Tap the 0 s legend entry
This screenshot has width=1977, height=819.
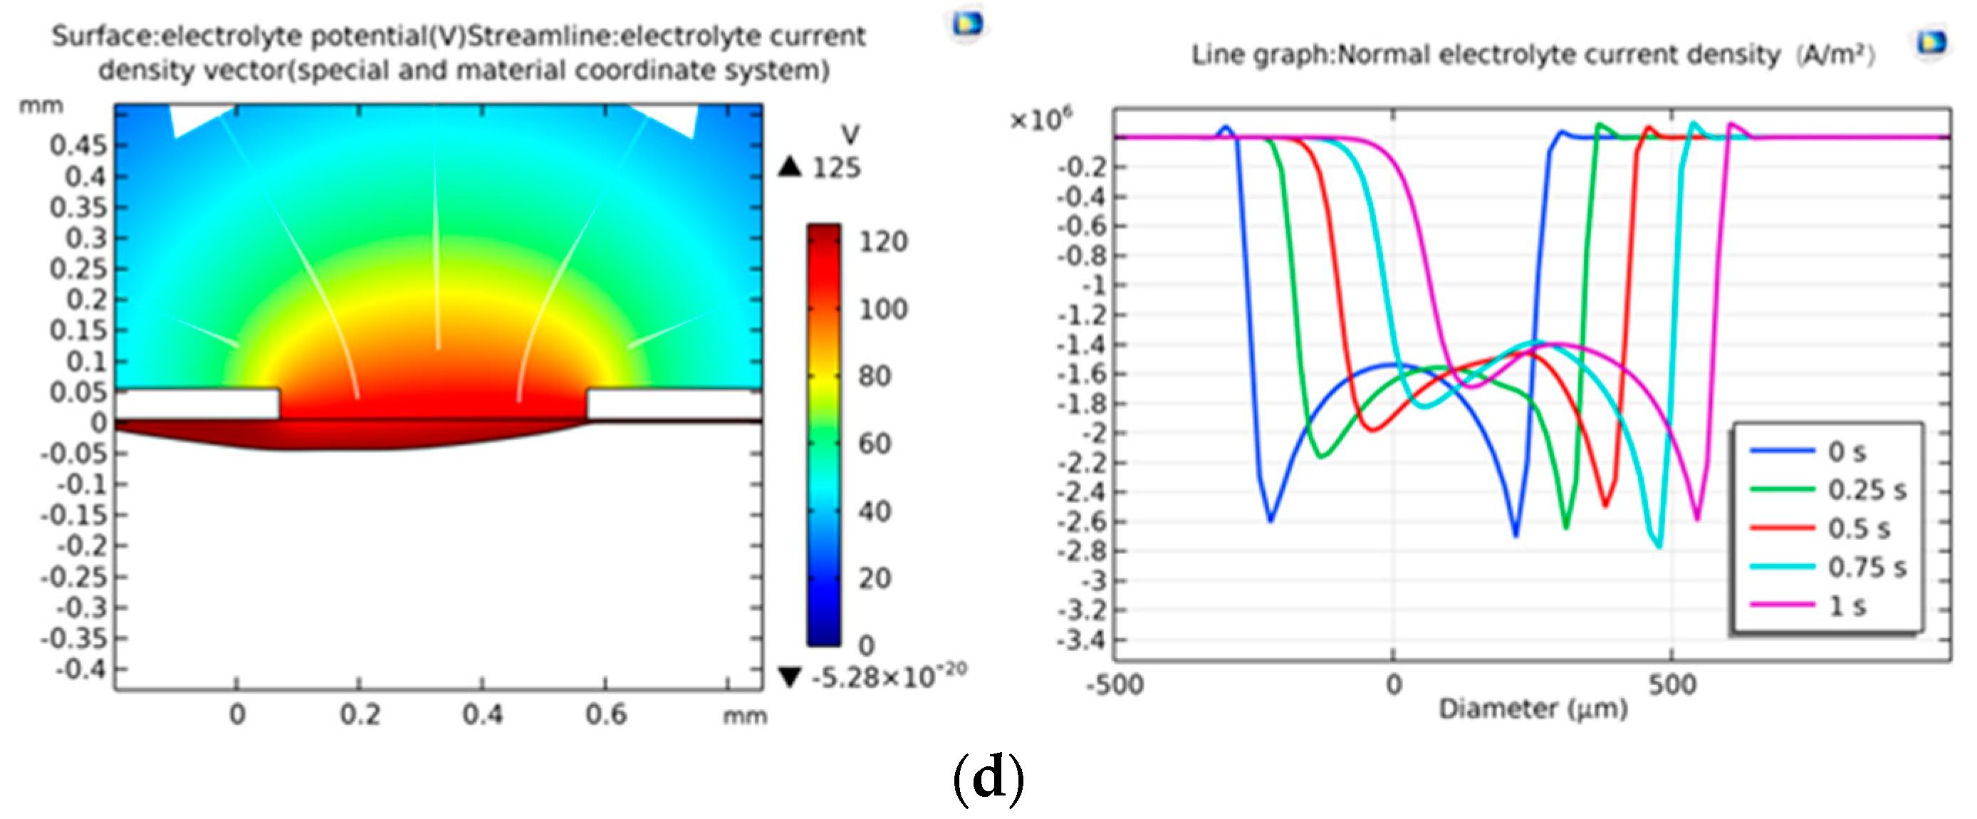(1847, 452)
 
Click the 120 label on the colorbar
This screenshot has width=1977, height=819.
(882, 242)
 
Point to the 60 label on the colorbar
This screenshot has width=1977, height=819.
(875, 444)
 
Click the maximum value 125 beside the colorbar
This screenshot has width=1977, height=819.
(836, 167)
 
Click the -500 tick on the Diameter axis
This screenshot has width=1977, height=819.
(1115, 684)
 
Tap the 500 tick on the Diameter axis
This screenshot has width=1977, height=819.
(1672, 684)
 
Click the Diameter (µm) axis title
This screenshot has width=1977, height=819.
(1533, 709)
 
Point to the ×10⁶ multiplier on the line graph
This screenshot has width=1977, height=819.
(1040, 120)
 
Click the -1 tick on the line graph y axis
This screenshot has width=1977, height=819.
(1093, 286)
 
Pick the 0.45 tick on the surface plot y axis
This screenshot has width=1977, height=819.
(78, 145)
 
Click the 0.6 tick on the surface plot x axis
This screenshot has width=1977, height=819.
(605, 714)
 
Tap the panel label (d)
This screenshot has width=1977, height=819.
(988, 778)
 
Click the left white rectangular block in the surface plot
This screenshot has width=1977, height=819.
(198, 404)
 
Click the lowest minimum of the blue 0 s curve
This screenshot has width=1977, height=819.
(1516, 535)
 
